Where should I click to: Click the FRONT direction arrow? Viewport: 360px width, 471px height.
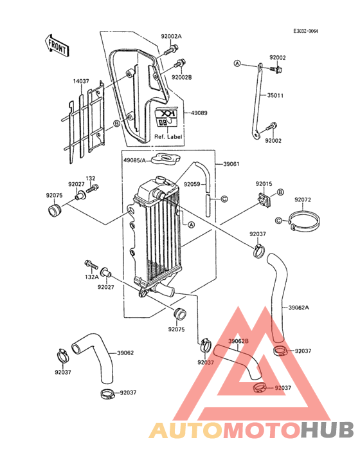coord(57,45)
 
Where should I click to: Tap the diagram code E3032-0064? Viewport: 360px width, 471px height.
coord(305,31)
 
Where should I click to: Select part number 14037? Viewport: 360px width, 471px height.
coord(81,81)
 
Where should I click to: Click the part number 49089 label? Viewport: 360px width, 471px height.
coord(200,113)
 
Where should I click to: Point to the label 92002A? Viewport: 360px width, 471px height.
coord(171,36)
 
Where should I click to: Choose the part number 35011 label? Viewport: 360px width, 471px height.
coord(275,95)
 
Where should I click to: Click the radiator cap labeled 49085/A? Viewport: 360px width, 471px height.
coord(165,158)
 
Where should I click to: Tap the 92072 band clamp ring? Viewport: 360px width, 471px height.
coord(304,219)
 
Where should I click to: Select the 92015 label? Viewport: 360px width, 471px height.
coord(264,183)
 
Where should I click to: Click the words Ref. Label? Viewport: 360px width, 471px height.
coord(168,136)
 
